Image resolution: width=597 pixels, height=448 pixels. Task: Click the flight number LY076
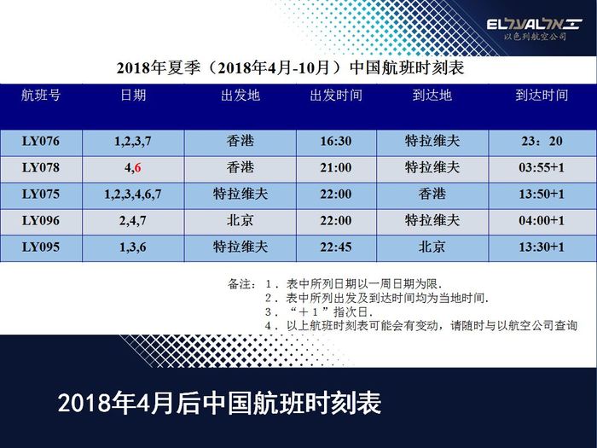click(41, 142)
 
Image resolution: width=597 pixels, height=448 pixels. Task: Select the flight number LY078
click(41, 167)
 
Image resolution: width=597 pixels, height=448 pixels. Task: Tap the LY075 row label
click(41, 195)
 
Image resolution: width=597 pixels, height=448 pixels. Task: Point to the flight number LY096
click(41, 220)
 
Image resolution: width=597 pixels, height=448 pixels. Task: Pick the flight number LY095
click(41, 247)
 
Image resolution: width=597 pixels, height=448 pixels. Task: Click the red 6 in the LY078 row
click(137, 167)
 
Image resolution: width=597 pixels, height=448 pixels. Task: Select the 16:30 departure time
click(336, 142)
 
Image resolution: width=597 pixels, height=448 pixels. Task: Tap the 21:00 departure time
click(336, 167)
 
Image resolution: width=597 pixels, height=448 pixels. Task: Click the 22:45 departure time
click(336, 247)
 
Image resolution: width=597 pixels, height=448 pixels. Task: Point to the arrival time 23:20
click(542, 142)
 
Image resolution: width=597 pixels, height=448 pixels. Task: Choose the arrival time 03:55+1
click(542, 167)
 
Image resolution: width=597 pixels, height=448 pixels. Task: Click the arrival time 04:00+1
click(542, 220)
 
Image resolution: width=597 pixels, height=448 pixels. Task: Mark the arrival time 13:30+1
click(542, 247)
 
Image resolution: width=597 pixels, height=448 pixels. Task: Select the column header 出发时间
click(336, 96)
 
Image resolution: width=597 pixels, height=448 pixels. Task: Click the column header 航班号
click(41, 96)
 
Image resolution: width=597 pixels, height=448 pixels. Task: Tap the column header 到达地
click(432, 96)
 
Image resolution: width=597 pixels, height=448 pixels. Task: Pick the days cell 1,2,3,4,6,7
click(133, 195)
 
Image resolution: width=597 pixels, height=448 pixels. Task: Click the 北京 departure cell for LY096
click(241, 220)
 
